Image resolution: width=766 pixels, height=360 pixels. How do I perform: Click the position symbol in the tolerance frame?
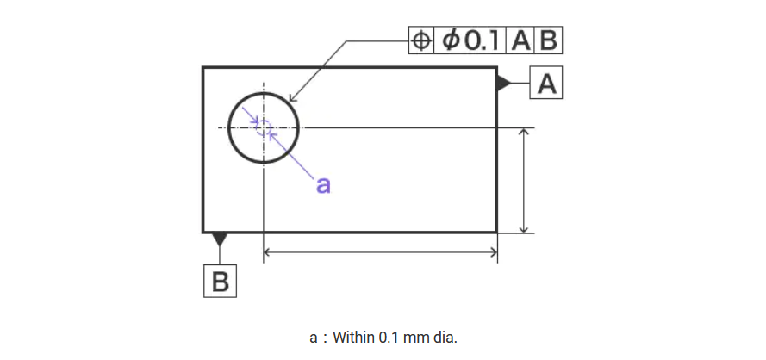click(421, 40)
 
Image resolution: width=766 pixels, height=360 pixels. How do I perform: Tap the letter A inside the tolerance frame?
click(520, 40)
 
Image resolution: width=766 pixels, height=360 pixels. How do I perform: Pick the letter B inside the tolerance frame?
click(547, 40)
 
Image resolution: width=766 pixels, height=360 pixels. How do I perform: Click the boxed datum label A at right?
click(547, 84)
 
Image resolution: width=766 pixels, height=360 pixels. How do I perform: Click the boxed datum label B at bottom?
click(220, 282)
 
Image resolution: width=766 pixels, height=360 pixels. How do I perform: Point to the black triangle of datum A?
click(502, 84)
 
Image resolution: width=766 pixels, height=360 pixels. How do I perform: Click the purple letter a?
click(323, 184)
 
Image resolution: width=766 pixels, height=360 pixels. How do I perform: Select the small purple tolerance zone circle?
click(265, 127)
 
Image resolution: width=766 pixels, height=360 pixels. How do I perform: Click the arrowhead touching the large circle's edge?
click(291, 101)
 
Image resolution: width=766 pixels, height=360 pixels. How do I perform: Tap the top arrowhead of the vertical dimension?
click(524, 133)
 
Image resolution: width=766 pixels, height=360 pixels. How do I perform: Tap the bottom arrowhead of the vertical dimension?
click(524, 227)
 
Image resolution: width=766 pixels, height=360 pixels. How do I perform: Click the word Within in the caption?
click(354, 336)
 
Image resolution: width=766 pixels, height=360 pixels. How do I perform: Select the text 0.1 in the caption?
click(389, 336)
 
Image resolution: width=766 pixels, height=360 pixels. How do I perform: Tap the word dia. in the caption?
click(441, 336)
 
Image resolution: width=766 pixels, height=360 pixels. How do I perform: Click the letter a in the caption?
click(314, 337)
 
